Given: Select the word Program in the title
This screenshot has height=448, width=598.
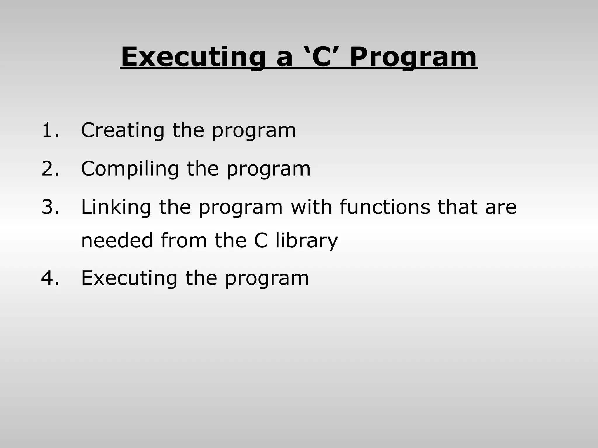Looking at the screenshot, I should pos(413,57).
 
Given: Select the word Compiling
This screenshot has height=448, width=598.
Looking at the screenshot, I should pos(130,169).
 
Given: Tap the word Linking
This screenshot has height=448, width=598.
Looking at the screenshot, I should pos(116,208).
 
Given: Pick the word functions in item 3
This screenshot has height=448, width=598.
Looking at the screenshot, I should pos(385,207).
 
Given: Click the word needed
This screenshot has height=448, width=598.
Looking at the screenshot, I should pos(117,241).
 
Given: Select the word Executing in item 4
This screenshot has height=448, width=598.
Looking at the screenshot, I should pos(129,279).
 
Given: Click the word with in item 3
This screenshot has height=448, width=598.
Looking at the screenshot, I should pos(312,207).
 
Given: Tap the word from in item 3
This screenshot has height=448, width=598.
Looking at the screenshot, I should pos(184,241).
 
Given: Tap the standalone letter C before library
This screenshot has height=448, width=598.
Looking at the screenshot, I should pos(261,241).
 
